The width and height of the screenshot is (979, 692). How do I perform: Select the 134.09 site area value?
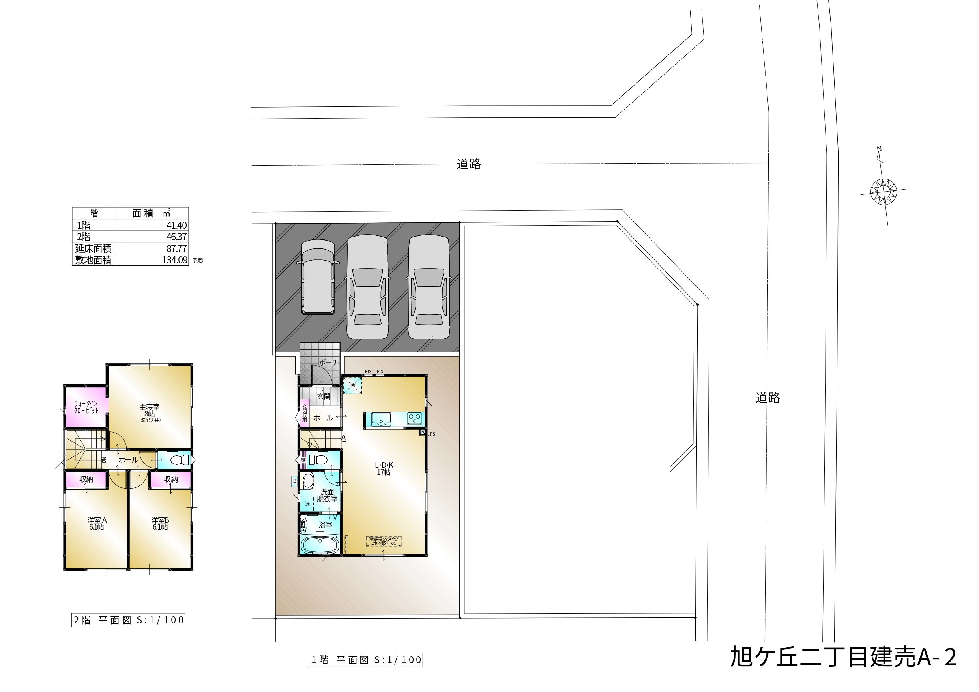tap(174, 260)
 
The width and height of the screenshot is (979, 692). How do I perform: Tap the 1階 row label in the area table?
tap(84, 226)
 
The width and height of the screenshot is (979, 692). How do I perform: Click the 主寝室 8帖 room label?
tap(150, 411)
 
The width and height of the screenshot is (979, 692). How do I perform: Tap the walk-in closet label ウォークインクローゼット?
tap(86, 407)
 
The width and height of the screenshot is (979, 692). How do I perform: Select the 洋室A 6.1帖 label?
tap(97, 524)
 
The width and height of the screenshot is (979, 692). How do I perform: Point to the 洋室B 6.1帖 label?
tap(160, 524)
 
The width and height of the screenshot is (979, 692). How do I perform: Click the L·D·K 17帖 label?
tap(384, 469)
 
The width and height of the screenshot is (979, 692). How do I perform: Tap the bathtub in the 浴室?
tap(319, 545)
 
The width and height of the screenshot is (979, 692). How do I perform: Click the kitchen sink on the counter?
tap(381, 419)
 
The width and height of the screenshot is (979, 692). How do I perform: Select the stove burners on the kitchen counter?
tap(414, 419)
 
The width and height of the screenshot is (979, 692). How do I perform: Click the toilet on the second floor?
tap(180, 460)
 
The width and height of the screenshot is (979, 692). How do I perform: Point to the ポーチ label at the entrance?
tap(328, 362)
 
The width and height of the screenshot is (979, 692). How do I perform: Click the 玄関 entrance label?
tap(324, 396)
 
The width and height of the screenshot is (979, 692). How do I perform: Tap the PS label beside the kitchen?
tap(432, 434)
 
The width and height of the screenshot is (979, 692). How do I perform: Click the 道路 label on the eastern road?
tap(767, 398)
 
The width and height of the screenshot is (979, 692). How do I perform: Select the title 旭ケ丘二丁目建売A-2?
tap(843, 657)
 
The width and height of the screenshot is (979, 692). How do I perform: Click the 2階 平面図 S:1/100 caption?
tap(128, 620)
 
